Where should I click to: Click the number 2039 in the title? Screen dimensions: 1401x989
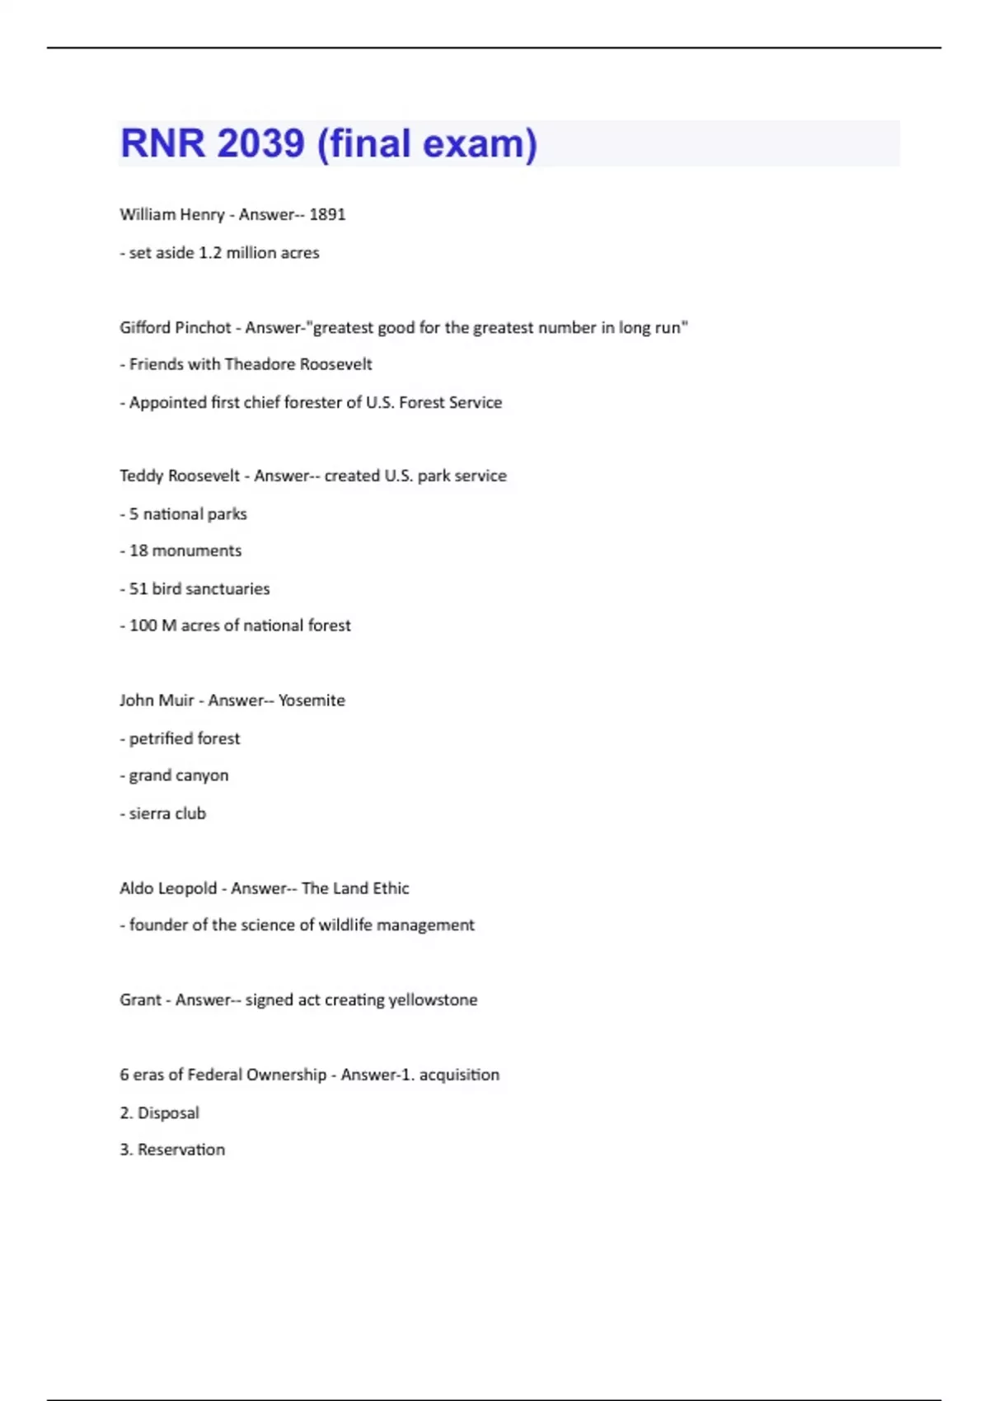(x=261, y=143)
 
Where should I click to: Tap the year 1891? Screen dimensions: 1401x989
(x=327, y=214)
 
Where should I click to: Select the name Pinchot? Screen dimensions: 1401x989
(x=203, y=327)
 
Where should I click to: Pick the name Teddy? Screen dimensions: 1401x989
(x=139, y=476)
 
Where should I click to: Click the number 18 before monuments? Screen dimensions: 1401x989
(x=138, y=551)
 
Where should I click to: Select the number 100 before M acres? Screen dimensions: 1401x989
(x=143, y=626)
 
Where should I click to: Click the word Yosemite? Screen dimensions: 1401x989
(x=312, y=700)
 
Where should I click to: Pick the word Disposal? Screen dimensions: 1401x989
(x=168, y=1113)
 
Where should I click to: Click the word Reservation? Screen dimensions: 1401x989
(x=181, y=1150)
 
